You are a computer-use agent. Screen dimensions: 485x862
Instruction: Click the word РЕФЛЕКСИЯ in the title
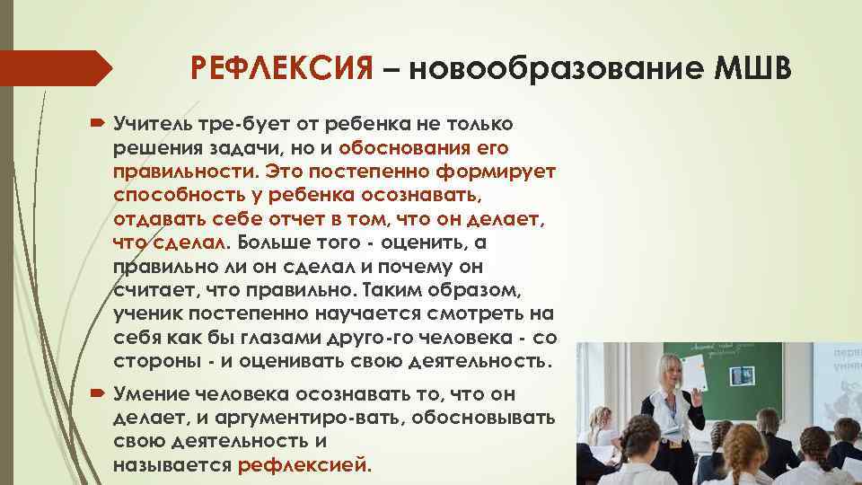click(x=281, y=68)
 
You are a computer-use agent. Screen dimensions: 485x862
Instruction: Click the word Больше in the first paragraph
click(x=277, y=242)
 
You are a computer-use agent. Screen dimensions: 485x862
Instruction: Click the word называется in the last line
click(x=172, y=466)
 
